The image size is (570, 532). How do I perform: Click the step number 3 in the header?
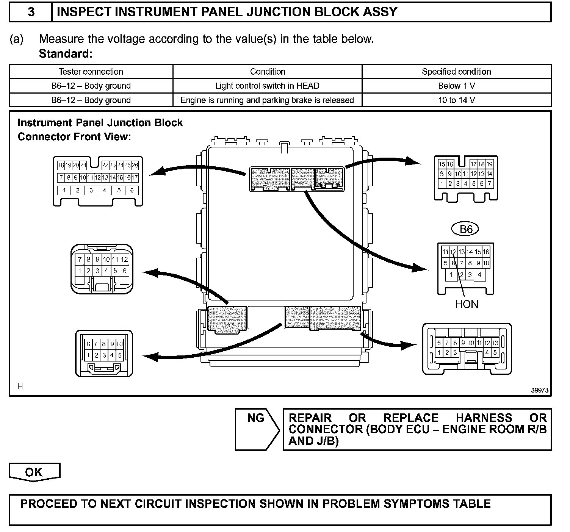[x=31, y=12]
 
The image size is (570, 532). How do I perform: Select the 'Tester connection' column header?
[x=91, y=72]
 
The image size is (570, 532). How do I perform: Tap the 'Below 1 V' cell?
[x=456, y=86]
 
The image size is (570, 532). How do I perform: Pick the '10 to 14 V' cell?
[x=456, y=100]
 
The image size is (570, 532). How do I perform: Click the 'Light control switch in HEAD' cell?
[x=267, y=86]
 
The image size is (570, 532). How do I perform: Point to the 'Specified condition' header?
[x=456, y=72]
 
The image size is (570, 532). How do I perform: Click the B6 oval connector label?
[x=465, y=229]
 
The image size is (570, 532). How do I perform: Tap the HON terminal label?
[x=467, y=304]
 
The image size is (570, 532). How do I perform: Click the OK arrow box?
[x=34, y=472]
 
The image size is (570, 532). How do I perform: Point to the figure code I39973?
[x=539, y=391]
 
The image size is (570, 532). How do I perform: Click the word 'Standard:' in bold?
[x=66, y=54]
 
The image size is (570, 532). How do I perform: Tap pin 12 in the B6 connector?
[x=453, y=252]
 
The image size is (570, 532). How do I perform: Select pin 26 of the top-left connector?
[x=135, y=165]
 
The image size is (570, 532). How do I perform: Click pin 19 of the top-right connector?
[x=489, y=164]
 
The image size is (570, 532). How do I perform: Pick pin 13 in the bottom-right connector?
[x=495, y=343]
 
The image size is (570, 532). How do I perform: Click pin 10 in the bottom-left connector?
[x=119, y=344]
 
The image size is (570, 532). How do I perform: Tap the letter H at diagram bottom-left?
[x=20, y=386]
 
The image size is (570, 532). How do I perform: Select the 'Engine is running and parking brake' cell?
[x=267, y=100]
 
